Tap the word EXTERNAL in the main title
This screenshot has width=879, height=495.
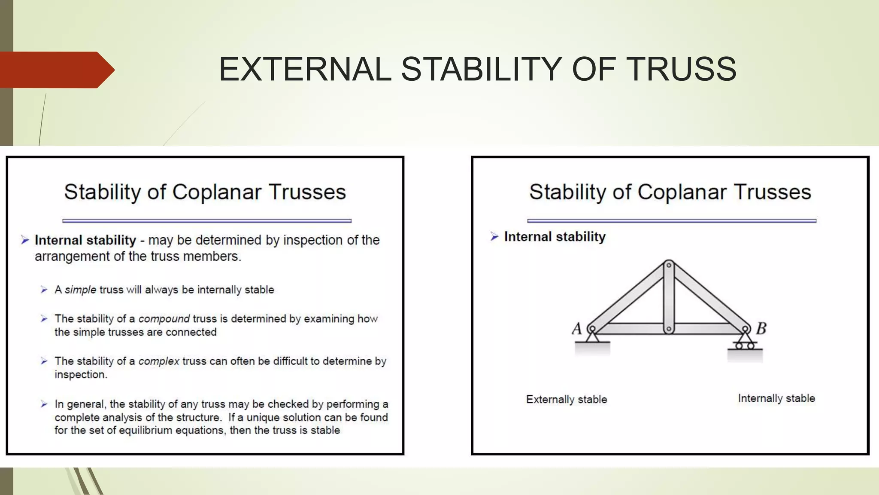coord(305,69)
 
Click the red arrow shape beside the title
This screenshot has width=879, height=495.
coord(56,70)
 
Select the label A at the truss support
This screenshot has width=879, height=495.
coord(577,329)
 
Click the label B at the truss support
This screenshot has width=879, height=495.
coord(761,329)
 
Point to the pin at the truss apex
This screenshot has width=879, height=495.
coord(669,265)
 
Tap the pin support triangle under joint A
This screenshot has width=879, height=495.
coord(592,337)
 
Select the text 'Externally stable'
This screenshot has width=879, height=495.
coord(567,399)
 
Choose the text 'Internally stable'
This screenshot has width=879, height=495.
coord(776,398)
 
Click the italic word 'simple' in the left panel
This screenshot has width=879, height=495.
coord(80,290)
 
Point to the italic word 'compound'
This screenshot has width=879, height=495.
coord(164,319)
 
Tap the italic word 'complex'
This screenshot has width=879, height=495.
coord(158,361)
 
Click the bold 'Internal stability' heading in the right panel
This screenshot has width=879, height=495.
coord(555,237)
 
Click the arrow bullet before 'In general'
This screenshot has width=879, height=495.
coord(44,404)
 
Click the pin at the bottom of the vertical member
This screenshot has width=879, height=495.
coord(669,330)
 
